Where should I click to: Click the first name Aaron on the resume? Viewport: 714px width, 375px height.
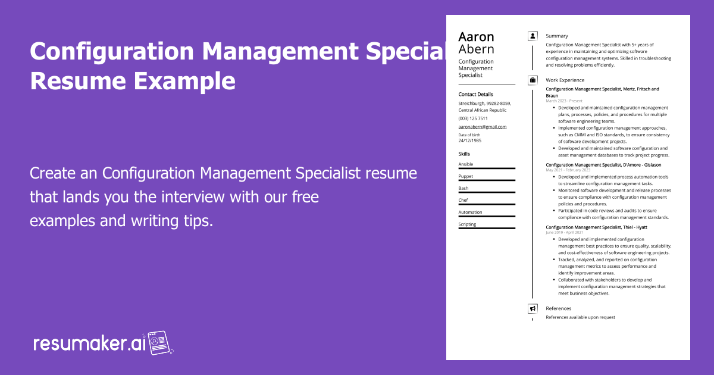pyautogui.click(x=476, y=36)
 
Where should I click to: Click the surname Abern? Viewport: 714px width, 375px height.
pyautogui.click(x=476, y=49)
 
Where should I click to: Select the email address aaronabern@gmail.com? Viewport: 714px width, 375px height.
pyautogui.click(x=482, y=127)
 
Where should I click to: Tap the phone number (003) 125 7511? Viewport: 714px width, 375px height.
pyautogui.click(x=473, y=118)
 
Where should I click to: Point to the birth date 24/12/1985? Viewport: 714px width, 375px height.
pyautogui.click(x=470, y=140)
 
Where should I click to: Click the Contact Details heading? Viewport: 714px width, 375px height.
pyautogui.click(x=475, y=94)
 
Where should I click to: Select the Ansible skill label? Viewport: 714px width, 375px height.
pyautogui.click(x=466, y=164)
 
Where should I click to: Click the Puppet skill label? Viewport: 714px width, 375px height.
pyautogui.click(x=466, y=176)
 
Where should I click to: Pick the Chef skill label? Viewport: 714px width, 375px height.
pyautogui.click(x=463, y=200)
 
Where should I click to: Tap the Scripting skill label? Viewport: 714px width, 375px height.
pyautogui.click(x=467, y=224)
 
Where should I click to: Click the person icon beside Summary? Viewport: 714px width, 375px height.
pyautogui.click(x=533, y=36)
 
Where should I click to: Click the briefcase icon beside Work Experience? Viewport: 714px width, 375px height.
pyautogui.click(x=533, y=80)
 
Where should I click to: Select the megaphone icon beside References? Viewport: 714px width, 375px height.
pyautogui.click(x=533, y=308)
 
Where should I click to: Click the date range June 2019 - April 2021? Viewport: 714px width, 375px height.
pyautogui.click(x=565, y=233)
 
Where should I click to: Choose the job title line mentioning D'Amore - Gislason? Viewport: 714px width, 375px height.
pyautogui.click(x=603, y=164)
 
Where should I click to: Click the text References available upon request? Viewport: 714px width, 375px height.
pyautogui.click(x=580, y=317)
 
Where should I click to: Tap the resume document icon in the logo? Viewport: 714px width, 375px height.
pyautogui.click(x=159, y=342)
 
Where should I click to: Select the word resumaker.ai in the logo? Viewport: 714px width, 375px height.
pyautogui.click(x=89, y=343)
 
